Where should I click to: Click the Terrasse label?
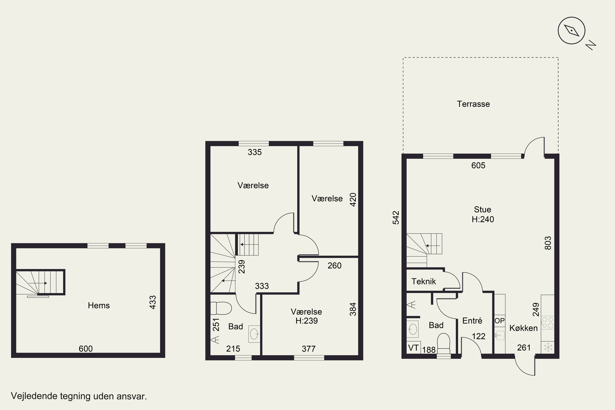(x=473, y=104)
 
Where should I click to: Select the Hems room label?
(x=99, y=305)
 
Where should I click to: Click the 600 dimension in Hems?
(x=86, y=348)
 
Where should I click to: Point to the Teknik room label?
(x=424, y=281)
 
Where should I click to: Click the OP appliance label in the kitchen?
(x=499, y=321)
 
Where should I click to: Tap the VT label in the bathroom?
(x=413, y=348)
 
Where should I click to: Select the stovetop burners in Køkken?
(x=548, y=322)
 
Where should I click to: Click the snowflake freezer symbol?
(x=548, y=347)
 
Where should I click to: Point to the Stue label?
(x=482, y=210)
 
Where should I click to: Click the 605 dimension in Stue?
(x=478, y=165)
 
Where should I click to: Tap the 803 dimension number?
(x=548, y=243)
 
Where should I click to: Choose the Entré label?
(x=472, y=321)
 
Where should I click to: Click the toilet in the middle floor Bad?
(x=221, y=308)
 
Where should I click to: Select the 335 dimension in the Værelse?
(x=255, y=152)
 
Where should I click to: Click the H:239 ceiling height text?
(x=306, y=321)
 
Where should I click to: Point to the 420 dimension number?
(x=353, y=200)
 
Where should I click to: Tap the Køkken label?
(x=524, y=328)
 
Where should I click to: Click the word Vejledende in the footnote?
(x=34, y=396)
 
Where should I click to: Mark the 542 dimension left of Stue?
(x=396, y=218)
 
